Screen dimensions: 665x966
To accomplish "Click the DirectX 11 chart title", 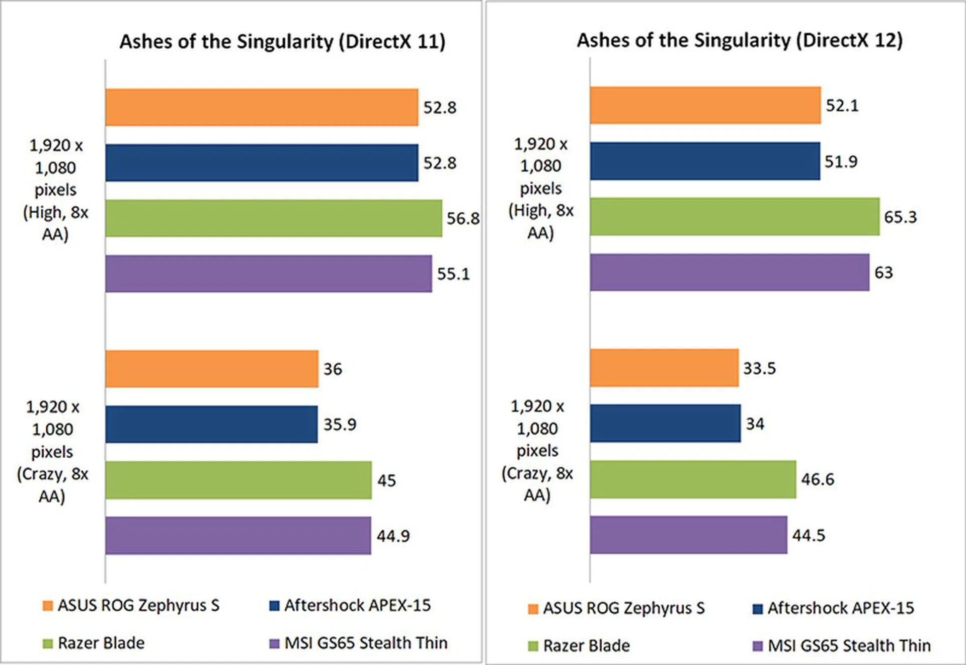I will (x=282, y=41).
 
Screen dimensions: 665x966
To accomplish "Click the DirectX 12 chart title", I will (x=740, y=40).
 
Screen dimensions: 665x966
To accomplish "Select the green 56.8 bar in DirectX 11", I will (x=274, y=218).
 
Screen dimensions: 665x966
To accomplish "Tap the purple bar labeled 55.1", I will (x=269, y=274).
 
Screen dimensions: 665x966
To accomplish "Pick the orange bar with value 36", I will (x=212, y=369).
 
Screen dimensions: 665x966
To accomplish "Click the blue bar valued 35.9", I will (x=211, y=424).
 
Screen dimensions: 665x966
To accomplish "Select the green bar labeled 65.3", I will (x=735, y=216).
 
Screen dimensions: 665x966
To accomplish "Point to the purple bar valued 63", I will (x=730, y=272).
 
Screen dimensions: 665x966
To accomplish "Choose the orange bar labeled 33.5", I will (x=664, y=368).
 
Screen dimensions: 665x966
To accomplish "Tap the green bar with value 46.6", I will (x=693, y=479).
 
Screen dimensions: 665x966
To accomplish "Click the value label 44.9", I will (x=393, y=536).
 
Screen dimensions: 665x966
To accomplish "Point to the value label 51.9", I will (x=841, y=161).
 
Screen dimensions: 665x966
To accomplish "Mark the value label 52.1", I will (x=842, y=106).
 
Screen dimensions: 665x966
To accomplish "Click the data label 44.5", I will (x=809, y=535).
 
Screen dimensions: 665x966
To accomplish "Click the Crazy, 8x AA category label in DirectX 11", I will (x=52, y=451).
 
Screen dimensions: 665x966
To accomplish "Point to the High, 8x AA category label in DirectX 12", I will (x=541, y=189).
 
